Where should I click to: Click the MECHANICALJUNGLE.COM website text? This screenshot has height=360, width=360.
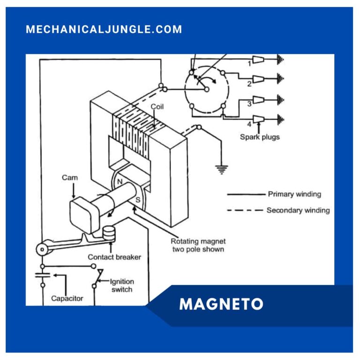[104, 30]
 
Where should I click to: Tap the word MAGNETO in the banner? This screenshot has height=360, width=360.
[221, 305]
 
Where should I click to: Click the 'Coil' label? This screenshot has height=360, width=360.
[157, 106]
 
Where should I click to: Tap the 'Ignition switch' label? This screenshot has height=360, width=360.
[121, 285]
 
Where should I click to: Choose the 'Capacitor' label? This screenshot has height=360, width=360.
[67, 298]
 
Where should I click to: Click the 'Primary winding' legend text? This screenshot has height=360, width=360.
[294, 194]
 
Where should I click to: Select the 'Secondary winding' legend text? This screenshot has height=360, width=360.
[298, 210]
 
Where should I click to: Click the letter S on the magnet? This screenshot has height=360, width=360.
[137, 201]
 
